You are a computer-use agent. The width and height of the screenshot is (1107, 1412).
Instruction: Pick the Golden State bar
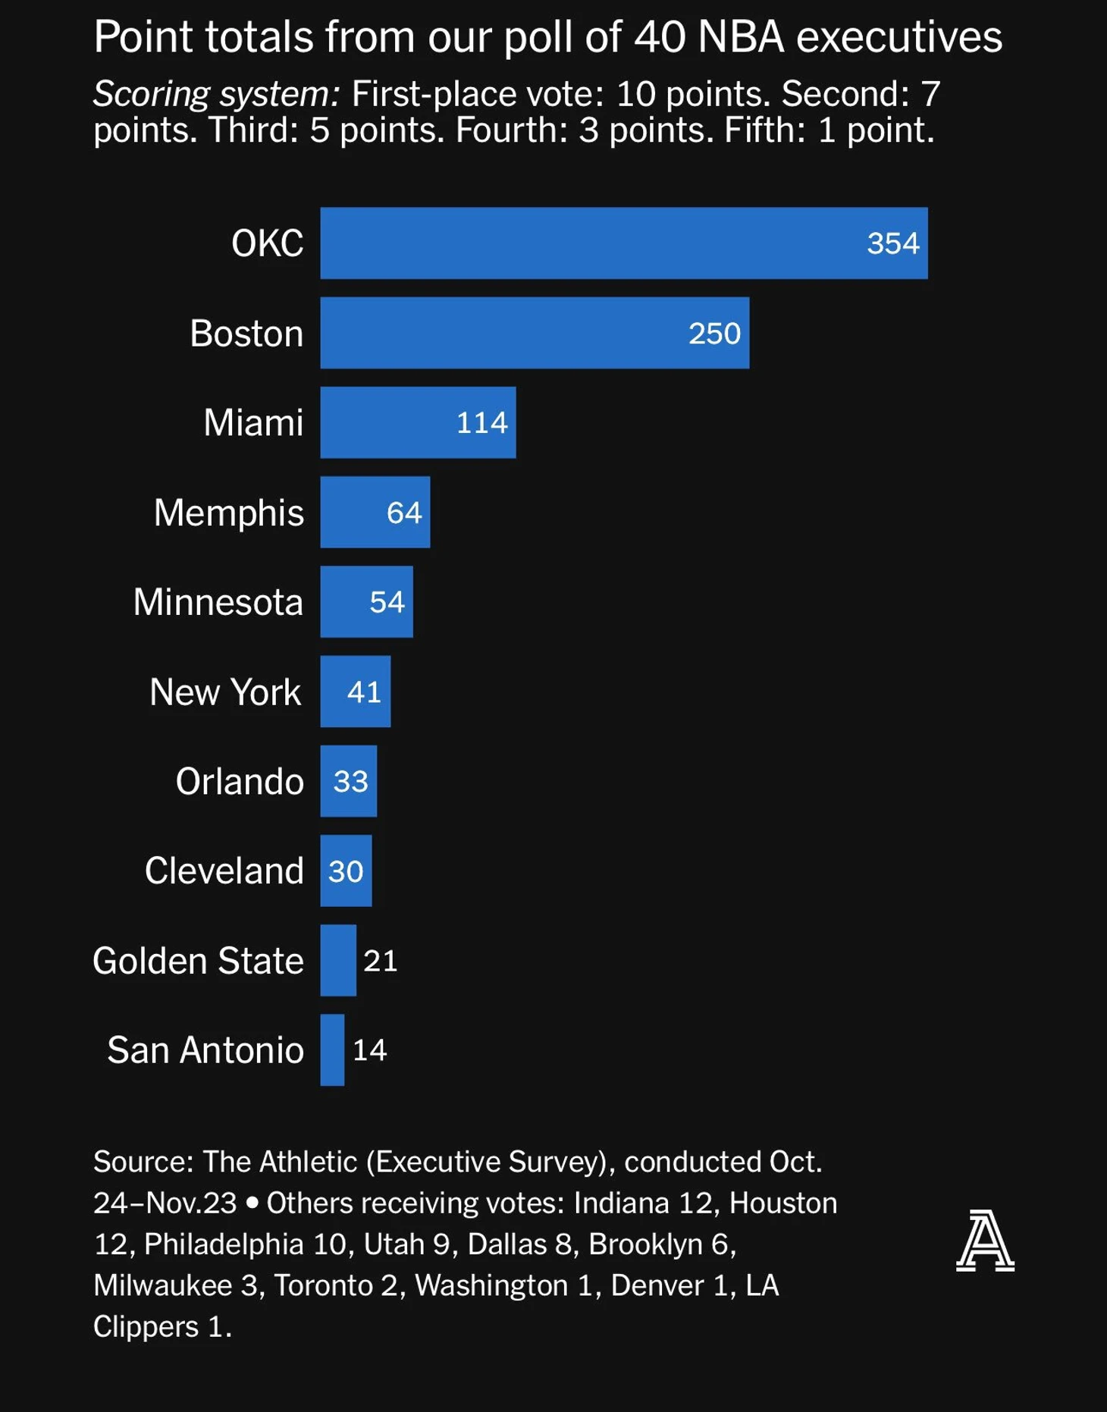coord(337,960)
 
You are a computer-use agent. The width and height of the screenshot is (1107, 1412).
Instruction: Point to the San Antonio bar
coord(332,1050)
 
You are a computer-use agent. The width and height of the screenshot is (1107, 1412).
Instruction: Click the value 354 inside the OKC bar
coord(892,243)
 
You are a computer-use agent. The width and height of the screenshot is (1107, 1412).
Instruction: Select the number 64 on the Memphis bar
coord(403,513)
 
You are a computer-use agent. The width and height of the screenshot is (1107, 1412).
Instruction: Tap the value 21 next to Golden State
coord(380,961)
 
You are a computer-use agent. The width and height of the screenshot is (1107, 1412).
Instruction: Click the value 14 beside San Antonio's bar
coord(369,1050)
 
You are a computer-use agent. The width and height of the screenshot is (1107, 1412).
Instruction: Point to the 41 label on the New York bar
coord(364,692)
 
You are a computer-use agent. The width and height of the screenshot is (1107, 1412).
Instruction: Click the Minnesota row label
coord(218,602)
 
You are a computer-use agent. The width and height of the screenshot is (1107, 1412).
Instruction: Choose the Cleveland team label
coord(224,871)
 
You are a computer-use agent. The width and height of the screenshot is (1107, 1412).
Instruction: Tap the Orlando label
coord(239,781)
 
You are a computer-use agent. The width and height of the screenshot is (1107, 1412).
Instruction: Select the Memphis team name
coord(228,513)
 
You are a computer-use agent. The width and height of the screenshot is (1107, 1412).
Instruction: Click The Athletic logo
coord(984,1241)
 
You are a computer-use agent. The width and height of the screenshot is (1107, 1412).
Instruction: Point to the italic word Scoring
coord(151,94)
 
